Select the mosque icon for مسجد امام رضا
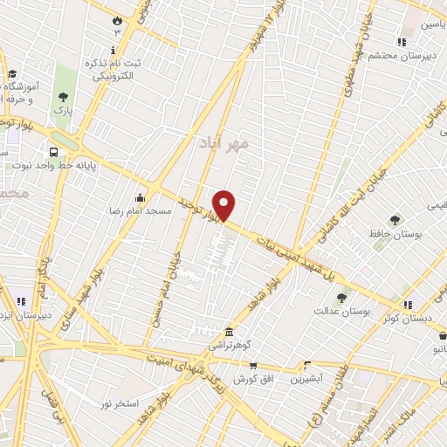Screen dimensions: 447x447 point(140,198)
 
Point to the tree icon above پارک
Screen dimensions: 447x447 point(62,98)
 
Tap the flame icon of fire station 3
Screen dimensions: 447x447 point(117,19)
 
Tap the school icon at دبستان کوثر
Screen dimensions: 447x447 point(408,304)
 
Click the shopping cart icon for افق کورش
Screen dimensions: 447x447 point(252,366)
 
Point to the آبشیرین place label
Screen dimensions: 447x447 point(306,378)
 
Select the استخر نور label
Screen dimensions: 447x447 point(119,404)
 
